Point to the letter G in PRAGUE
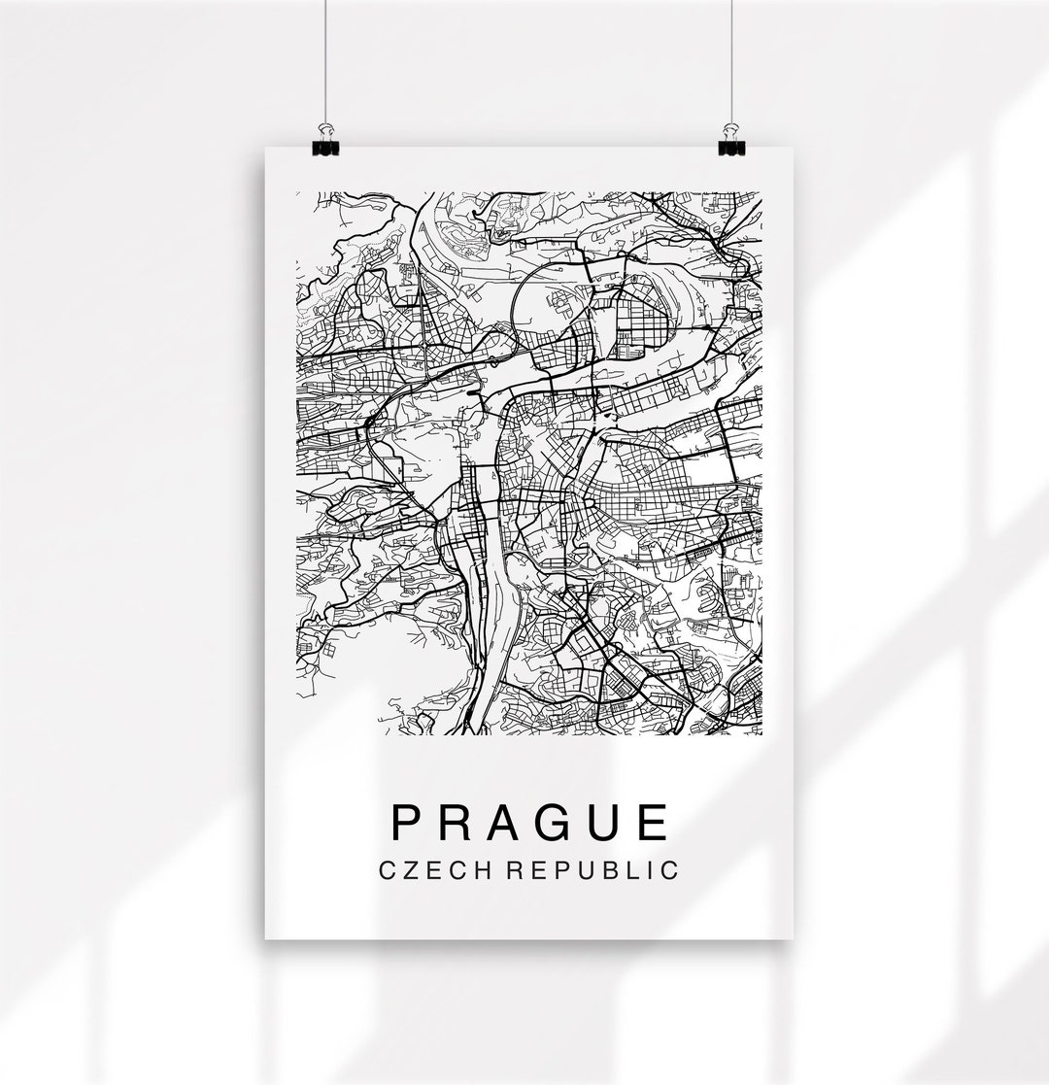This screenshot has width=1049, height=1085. tap(558, 822)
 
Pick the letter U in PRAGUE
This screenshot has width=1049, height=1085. tap(609, 822)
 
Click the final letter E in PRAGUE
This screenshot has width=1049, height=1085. tap(657, 822)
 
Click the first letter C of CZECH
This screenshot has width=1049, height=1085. tap(389, 869)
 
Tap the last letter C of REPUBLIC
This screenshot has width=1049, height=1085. tap(669, 869)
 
